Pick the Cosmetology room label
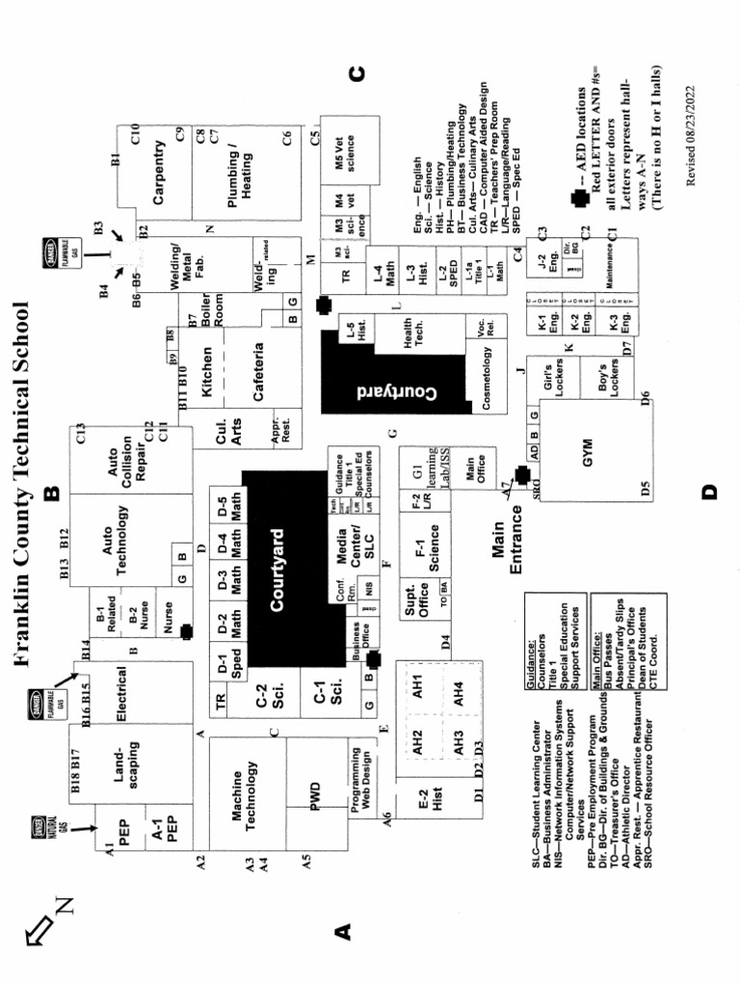click(486, 383)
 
